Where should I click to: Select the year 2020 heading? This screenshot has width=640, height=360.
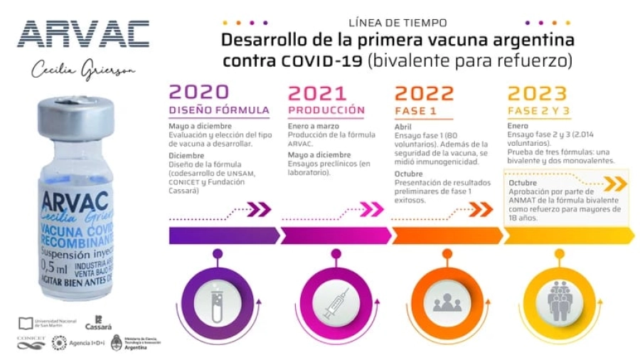(199, 92)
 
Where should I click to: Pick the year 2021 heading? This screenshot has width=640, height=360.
(317, 92)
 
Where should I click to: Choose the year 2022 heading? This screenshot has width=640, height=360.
(424, 92)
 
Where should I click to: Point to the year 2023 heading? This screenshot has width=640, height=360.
(538, 92)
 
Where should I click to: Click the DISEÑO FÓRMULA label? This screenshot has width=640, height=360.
(219, 110)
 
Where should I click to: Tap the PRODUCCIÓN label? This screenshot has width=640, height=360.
(326, 110)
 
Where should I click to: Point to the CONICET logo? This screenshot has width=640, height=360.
(31, 342)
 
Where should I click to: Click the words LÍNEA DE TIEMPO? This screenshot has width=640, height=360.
(398, 23)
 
